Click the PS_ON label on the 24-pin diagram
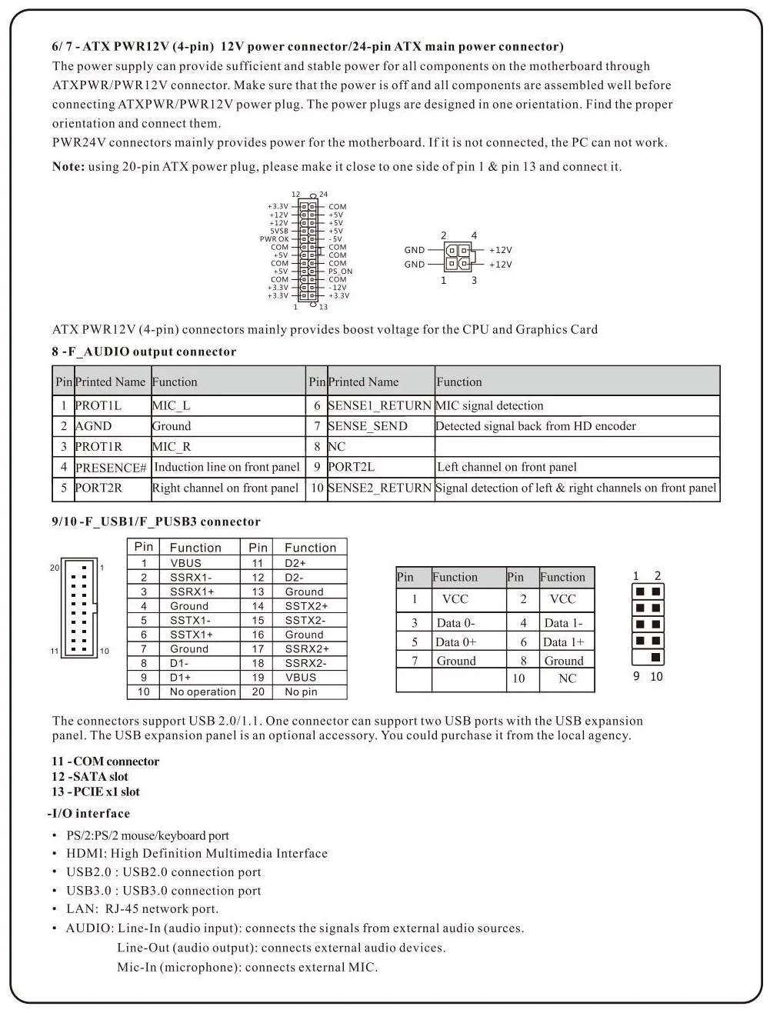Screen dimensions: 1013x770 (340, 272)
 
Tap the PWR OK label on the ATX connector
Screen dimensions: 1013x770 (274, 239)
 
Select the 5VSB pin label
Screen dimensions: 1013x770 (279, 231)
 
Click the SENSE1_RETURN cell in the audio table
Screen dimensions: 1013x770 (379, 405)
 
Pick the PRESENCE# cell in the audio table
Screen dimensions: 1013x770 (111, 468)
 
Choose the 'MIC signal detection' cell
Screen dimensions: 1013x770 (490, 405)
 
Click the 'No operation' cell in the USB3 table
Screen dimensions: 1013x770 (202, 691)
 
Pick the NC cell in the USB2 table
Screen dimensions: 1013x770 (567, 678)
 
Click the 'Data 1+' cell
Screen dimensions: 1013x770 (563, 642)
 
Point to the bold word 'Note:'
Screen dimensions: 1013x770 (68, 167)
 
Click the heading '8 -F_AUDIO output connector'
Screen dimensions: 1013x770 (144, 352)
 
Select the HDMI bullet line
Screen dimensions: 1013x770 (196, 854)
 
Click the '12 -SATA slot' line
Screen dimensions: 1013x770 (90, 777)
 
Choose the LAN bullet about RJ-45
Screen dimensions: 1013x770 (142, 909)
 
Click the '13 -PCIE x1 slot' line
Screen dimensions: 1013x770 (95, 792)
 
